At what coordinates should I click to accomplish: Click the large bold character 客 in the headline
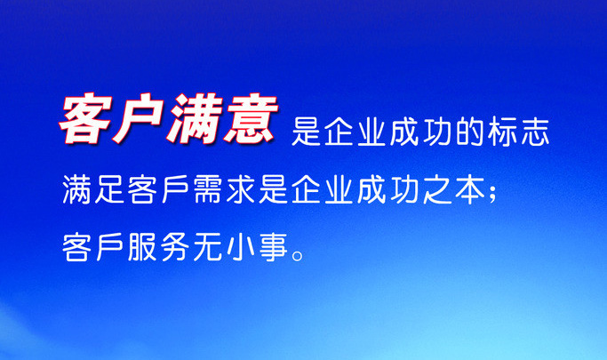85,118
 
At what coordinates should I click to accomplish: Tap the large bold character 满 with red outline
195,118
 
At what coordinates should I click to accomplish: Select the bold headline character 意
250,118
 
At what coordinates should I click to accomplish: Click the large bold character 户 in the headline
139,118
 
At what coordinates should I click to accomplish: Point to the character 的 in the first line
469,132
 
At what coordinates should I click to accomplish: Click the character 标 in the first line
502,132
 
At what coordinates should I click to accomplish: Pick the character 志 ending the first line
535,132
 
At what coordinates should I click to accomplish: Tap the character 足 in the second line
109,189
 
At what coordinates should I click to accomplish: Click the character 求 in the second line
241,189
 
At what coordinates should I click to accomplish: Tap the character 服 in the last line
142,246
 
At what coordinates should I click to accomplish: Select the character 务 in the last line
175,246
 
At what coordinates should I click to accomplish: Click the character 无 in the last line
208,246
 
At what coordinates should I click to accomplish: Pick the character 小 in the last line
241,246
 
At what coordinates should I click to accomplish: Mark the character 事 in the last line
274,246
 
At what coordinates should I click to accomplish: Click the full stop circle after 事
299,255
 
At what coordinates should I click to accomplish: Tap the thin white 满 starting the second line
76,189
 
